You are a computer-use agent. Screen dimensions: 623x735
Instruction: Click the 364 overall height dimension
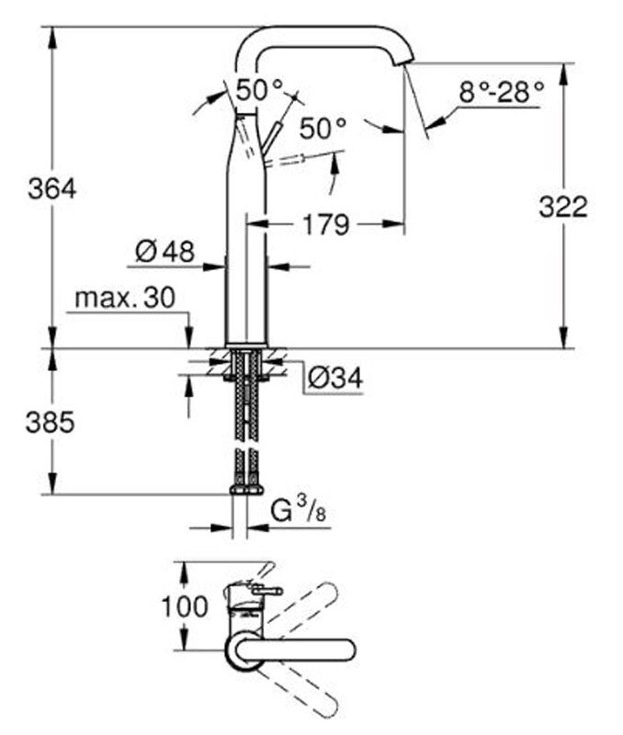click(x=52, y=189)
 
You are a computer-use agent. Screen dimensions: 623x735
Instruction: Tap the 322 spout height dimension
click(x=563, y=207)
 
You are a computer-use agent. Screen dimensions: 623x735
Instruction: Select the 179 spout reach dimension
click(x=326, y=224)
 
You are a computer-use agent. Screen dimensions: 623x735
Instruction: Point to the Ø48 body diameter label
click(x=164, y=251)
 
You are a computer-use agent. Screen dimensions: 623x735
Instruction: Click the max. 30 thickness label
click(x=125, y=297)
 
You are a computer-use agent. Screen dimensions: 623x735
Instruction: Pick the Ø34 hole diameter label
click(x=335, y=378)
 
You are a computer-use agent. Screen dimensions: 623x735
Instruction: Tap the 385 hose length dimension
click(x=51, y=422)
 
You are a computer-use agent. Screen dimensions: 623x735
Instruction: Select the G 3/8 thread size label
click(x=298, y=512)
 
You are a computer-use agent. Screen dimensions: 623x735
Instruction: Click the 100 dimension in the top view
click(x=185, y=606)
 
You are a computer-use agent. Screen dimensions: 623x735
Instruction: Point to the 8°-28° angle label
click(x=501, y=92)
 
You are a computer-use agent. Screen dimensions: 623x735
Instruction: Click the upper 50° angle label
click(x=260, y=89)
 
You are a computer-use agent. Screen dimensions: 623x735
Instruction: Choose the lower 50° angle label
click(x=323, y=128)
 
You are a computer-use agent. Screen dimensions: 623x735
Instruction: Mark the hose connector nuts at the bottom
click(x=246, y=491)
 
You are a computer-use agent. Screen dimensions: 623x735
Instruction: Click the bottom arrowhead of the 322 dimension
click(x=563, y=337)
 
